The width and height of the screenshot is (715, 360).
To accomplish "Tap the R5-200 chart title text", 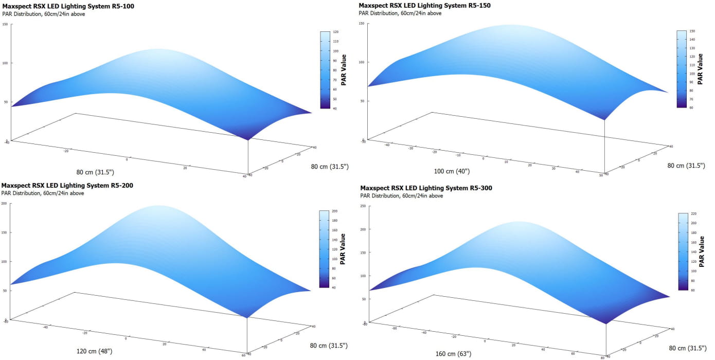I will [x=67, y=185].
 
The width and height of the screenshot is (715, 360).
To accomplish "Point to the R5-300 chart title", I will [x=426, y=188].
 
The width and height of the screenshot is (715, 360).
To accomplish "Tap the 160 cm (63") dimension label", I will [x=452, y=354].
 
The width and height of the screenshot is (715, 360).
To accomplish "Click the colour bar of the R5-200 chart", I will [x=324, y=248].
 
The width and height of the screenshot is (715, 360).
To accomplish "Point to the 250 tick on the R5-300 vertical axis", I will [x=363, y=206].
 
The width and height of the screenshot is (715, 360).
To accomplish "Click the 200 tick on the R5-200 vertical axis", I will [x=5, y=204].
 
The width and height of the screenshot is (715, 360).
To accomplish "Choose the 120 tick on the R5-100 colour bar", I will [x=335, y=32].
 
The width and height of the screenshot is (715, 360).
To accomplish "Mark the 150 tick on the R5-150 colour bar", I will [x=692, y=30].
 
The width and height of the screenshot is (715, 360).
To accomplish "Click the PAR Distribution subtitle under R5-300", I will [x=402, y=196].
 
